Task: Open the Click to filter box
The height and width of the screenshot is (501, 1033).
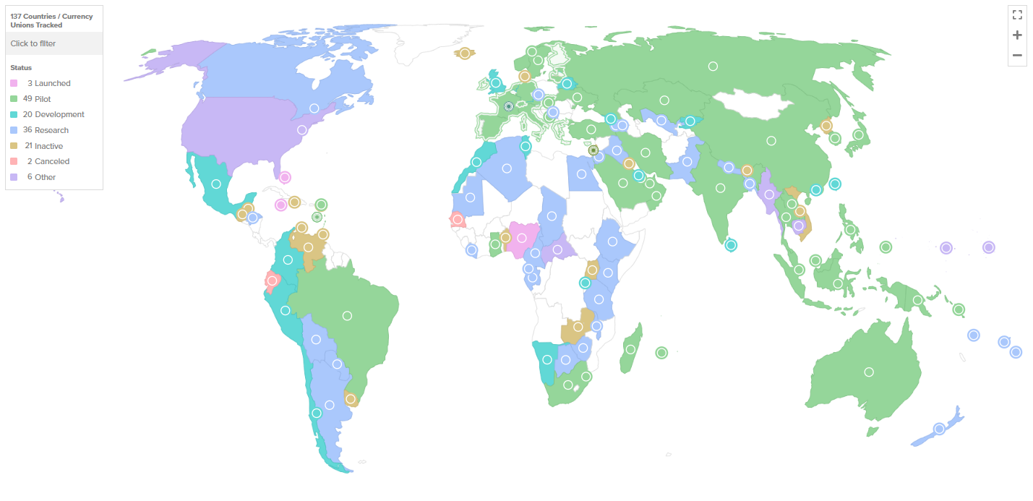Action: (x=54, y=43)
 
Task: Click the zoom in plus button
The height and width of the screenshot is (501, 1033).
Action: (x=1017, y=35)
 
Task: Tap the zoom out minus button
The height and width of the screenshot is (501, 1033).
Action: (x=1017, y=55)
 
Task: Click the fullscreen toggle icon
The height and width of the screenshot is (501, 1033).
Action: (x=1017, y=15)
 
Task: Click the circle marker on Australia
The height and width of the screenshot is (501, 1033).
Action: (x=869, y=372)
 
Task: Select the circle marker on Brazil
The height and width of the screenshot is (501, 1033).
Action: (x=347, y=315)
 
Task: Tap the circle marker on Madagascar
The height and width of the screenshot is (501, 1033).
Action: (x=630, y=349)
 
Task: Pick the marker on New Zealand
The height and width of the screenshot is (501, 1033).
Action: (x=939, y=429)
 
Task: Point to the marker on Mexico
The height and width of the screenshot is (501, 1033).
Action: (x=215, y=184)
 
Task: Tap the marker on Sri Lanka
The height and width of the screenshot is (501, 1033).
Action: (x=731, y=245)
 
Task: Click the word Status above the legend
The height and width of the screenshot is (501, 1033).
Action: (x=21, y=67)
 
